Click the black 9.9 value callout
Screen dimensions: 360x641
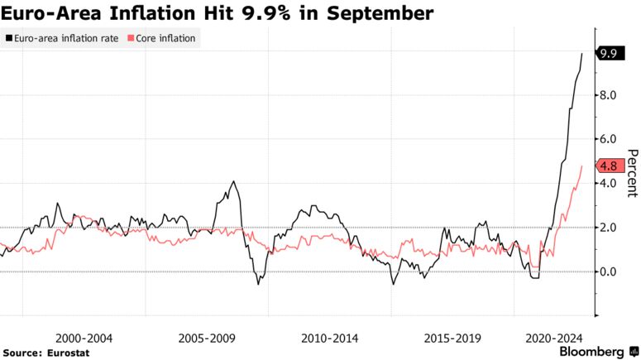pos(611,54)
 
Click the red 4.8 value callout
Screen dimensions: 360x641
pos(611,166)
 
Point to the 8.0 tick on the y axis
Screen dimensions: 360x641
pos(609,95)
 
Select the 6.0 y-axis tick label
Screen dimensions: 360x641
pos(609,139)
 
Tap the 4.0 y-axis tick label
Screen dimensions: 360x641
pos(609,183)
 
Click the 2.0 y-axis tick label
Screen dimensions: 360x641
pos(609,227)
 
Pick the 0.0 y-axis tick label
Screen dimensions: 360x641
pos(609,271)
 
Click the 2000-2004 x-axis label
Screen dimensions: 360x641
pos(84,338)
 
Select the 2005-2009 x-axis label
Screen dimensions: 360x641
pos(207,338)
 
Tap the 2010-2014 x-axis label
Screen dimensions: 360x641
pos(329,338)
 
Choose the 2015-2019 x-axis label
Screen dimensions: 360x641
pos(452,338)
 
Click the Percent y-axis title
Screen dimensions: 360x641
pos(632,174)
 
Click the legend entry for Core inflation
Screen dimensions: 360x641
pos(165,38)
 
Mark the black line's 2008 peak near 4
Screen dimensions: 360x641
pos(233,181)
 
